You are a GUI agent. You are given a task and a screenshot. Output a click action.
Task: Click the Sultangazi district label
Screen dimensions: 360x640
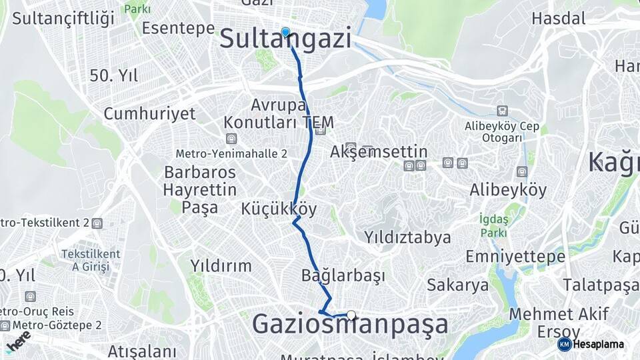coord(285,39)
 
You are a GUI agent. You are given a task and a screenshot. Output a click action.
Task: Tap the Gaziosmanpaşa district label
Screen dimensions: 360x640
coord(350,325)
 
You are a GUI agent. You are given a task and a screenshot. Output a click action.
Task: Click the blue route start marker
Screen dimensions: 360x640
coord(285,32)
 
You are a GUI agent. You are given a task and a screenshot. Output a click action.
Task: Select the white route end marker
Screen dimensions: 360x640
coord(351,315)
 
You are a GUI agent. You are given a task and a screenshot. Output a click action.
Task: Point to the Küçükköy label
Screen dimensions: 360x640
coord(279,209)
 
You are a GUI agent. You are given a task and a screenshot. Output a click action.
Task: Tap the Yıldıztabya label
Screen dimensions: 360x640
coord(407,237)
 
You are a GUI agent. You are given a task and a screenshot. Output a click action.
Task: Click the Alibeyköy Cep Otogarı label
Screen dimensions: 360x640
coord(502,131)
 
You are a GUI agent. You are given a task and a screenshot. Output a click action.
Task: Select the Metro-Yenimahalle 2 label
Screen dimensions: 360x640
coord(231,153)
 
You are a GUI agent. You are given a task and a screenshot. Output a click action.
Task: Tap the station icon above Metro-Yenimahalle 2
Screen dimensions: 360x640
coord(231,139)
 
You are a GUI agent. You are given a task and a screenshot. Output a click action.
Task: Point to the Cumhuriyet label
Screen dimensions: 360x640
coord(149,113)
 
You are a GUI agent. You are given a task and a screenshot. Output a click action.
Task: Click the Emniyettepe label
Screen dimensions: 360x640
coord(505,257)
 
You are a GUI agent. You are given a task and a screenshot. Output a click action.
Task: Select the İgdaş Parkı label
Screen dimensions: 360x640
coord(493,225)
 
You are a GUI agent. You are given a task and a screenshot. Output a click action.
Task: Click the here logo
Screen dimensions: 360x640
coord(19,341)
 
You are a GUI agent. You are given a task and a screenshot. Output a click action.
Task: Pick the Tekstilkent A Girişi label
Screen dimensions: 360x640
coord(91,260)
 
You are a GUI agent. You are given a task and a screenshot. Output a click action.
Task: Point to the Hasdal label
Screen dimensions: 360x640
coord(559,18)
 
